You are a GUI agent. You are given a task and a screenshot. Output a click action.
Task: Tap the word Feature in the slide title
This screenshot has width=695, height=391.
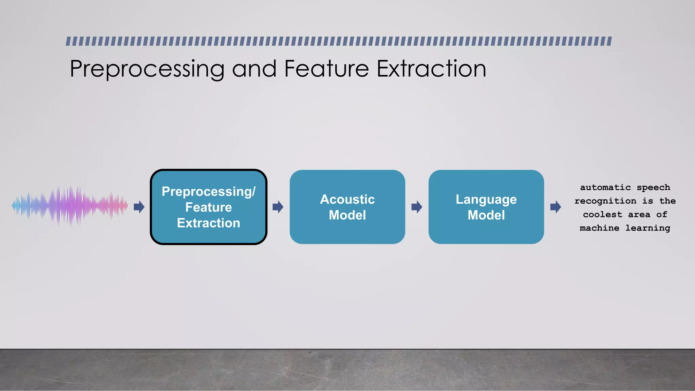click(326, 69)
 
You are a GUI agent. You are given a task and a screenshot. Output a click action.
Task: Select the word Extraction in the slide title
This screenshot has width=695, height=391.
click(431, 69)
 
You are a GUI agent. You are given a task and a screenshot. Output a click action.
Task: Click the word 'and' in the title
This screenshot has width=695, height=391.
click(254, 69)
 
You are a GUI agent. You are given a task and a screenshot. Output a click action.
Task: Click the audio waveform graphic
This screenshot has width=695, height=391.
click(70, 206)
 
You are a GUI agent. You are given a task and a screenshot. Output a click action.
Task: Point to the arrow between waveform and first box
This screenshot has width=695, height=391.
click(139, 207)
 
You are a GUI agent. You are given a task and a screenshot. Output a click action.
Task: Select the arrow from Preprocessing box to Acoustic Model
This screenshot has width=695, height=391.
click(278, 207)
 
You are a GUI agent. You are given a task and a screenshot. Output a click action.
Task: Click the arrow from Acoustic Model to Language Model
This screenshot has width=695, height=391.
click(416, 207)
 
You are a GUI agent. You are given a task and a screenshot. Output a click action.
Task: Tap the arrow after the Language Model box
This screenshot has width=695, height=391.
click(555, 207)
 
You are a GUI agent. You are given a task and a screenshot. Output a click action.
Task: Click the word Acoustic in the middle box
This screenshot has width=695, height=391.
click(347, 199)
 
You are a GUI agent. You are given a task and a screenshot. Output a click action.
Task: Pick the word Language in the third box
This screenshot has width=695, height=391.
click(486, 200)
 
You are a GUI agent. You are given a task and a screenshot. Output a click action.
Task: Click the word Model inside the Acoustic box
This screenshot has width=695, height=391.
click(347, 215)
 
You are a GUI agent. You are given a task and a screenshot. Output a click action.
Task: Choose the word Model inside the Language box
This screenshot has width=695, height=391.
click(486, 215)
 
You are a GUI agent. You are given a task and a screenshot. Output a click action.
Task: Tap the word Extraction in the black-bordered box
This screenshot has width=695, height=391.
click(208, 223)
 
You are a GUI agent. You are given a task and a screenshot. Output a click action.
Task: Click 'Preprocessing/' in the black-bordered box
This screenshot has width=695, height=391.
click(208, 192)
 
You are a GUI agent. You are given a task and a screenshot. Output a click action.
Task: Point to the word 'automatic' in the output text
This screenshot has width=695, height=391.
click(605, 187)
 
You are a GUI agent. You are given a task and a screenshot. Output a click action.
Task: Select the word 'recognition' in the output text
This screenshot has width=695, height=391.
click(605, 201)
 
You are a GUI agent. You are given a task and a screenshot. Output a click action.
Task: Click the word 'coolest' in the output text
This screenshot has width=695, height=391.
click(602, 215)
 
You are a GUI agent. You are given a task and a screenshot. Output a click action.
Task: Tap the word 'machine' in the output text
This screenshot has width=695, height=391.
click(599, 228)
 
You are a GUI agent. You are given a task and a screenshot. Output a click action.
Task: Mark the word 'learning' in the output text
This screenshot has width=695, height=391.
click(647, 228)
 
